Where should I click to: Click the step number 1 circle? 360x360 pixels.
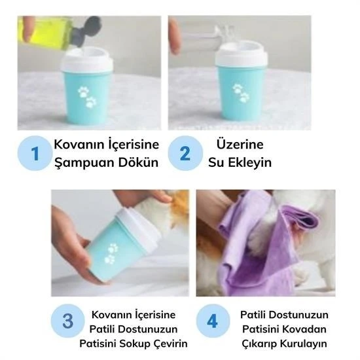tap(35, 154)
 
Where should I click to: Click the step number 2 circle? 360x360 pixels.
tap(185, 154)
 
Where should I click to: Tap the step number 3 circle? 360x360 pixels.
tap(68, 321)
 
